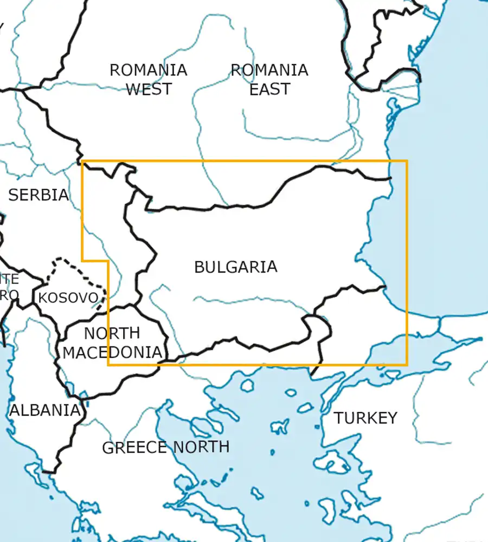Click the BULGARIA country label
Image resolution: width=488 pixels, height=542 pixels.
(235, 267)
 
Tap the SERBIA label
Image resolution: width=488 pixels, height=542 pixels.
(38, 195)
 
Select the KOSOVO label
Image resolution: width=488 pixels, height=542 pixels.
(68, 298)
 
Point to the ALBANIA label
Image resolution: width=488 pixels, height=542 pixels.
(45, 410)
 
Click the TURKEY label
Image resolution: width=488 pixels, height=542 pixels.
(365, 418)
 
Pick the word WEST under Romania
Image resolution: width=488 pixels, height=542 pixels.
(149, 89)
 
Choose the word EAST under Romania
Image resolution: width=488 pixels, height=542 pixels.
(269, 89)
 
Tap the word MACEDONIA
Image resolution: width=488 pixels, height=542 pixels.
(112, 352)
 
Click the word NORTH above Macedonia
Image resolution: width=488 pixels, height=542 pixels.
(112, 333)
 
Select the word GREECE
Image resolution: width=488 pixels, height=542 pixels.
(134, 448)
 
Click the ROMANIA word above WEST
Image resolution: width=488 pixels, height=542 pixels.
(149, 70)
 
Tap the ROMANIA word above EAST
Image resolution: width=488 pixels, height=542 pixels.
(269, 70)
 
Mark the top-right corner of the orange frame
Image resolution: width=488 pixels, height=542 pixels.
(407, 161)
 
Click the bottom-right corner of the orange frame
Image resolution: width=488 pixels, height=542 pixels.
(407, 365)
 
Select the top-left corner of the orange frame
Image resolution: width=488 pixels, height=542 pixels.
(82, 161)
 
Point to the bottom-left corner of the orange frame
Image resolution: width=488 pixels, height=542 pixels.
(108, 365)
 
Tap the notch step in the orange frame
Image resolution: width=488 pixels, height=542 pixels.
(108, 260)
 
